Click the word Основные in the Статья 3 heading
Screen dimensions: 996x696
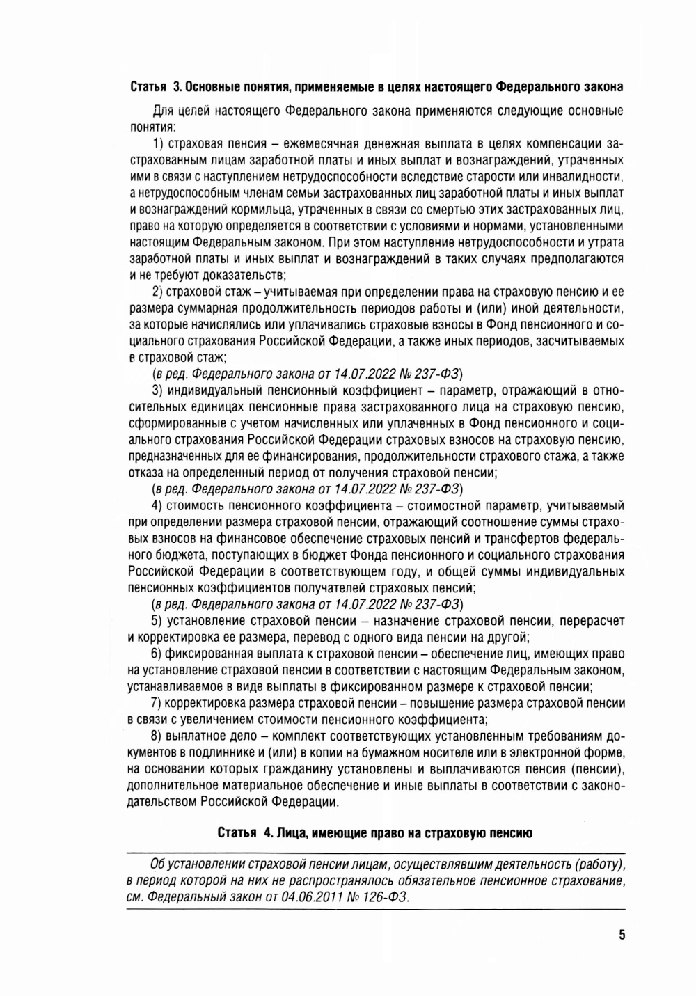point(212,88)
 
